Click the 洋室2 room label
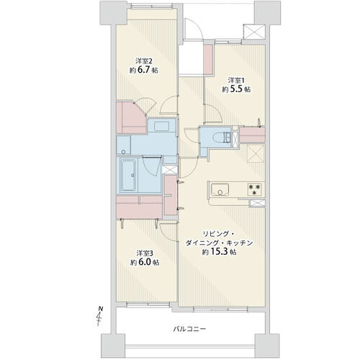click(144, 60)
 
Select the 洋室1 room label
click(238, 80)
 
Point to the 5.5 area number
click(236, 89)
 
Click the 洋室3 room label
click(145, 253)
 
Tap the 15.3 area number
click(219, 252)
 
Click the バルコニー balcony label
click(189, 329)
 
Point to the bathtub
click(128, 175)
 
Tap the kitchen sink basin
click(220, 189)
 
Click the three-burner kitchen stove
click(255, 189)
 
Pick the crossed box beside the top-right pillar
click(254, 32)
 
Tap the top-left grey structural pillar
click(113, 12)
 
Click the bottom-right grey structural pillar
click(267, 345)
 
